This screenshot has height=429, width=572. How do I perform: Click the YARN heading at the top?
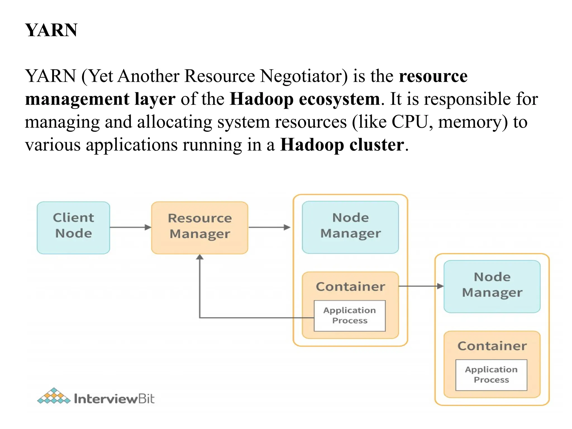pyautogui.click(x=51, y=30)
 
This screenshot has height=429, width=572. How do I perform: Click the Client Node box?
pyautogui.click(x=73, y=228)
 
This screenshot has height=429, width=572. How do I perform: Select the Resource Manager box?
pyautogui.click(x=200, y=228)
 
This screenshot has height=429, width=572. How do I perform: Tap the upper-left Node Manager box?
pyautogui.click(x=350, y=227)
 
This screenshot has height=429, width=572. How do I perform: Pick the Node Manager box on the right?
pyautogui.click(x=492, y=286)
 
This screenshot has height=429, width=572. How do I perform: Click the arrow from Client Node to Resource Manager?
pyautogui.click(x=130, y=227)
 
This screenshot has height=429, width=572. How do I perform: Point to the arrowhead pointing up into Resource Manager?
pyautogui.click(x=200, y=257)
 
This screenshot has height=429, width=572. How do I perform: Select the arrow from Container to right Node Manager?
pyautogui.click(x=421, y=286)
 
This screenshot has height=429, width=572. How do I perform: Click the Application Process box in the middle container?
pyautogui.click(x=350, y=316)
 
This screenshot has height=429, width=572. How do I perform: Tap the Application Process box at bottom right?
pyautogui.click(x=491, y=375)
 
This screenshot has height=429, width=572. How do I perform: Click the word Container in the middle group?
pyautogui.click(x=350, y=287)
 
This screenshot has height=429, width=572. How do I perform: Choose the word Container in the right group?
pyautogui.click(x=492, y=346)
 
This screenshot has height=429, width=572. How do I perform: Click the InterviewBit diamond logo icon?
pyautogui.click(x=54, y=396)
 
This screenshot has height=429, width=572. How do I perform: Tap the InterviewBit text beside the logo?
pyautogui.click(x=114, y=399)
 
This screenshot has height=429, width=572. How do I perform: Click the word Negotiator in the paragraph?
pyautogui.click(x=304, y=76)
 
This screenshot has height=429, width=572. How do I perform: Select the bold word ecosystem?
pyautogui.click(x=339, y=99)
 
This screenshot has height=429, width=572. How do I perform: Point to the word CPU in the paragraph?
pyautogui.click(x=410, y=122)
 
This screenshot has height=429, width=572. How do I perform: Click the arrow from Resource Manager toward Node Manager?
pyautogui.click(x=269, y=227)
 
